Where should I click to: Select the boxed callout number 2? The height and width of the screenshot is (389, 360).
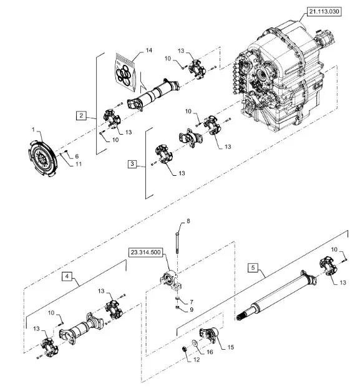pyautogui.click(x=82, y=115)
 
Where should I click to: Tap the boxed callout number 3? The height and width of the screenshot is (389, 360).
pyautogui.click(x=132, y=164)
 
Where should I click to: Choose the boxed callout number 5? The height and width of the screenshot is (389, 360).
pyautogui.click(x=252, y=269)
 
